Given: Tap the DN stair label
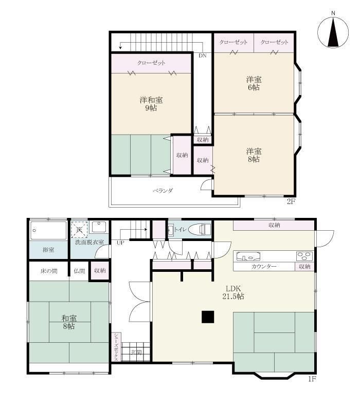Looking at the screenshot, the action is (x=203, y=55).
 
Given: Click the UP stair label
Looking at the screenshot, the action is (x=120, y=243).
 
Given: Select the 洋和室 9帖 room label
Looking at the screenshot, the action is (x=151, y=104).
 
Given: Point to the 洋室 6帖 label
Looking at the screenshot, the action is (x=254, y=83).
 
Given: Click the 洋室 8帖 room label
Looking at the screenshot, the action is (x=254, y=155).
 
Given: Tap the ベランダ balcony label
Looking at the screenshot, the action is (x=163, y=191).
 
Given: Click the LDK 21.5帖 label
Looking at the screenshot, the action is (x=233, y=292).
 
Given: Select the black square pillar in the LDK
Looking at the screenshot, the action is (x=208, y=317).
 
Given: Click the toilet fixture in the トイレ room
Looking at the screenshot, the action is (x=200, y=230).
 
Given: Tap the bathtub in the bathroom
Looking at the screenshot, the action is (x=48, y=230).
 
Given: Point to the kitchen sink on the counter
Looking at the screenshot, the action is (x=248, y=256).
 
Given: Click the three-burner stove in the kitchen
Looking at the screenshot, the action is (x=304, y=256).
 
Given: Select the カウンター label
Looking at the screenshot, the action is (x=264, y=266).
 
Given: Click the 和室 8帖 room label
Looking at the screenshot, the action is (x=69, y=322).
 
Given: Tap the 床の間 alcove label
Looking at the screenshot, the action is (x=49, y=271).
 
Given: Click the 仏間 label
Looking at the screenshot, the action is (x=79, y=271).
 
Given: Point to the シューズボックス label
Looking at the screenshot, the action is (x=116, y=347).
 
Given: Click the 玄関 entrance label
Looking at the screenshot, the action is (x=136, y=352).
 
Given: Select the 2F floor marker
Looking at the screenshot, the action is (x=291, y=201).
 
